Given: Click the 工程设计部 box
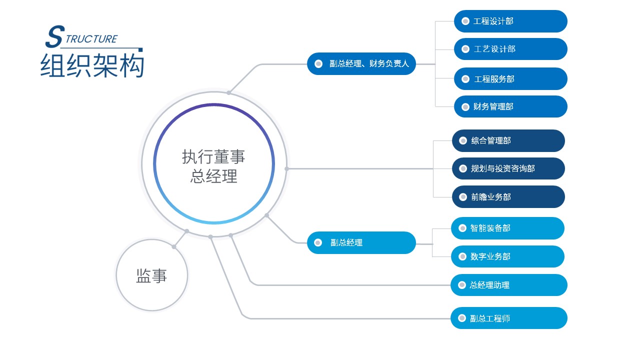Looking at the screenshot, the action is tap(510, 21).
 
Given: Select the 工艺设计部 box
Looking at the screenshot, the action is tap(510, 49).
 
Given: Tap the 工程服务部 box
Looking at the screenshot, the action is tap(510, 79).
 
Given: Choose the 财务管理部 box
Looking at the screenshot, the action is tap(510, 106).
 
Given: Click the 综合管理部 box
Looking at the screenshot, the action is tap(508, 140).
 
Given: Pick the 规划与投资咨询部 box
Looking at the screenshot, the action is tap(508, 168).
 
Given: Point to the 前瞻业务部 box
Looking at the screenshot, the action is tap(508, 197).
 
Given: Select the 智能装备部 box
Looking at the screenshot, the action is tap(507, 228).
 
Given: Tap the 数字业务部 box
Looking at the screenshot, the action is tap(507, 256).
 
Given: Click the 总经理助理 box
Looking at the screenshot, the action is tap(509, 285).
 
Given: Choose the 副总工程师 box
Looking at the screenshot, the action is tap(509, 318).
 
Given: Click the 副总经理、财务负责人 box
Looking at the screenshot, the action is tap(361, 63).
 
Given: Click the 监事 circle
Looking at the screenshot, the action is tap(152, 275).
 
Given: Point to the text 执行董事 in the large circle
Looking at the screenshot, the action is tap(213, 157).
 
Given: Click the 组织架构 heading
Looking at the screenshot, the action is tap(92, 66).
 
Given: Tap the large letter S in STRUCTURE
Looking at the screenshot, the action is tap(55, 36).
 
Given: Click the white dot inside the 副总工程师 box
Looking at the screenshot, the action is tap(462, 318).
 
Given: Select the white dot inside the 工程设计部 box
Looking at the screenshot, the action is tap(465, 21).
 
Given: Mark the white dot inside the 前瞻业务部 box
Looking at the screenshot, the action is tap(463, 197).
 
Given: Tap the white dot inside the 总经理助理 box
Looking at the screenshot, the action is tap(462, 285).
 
